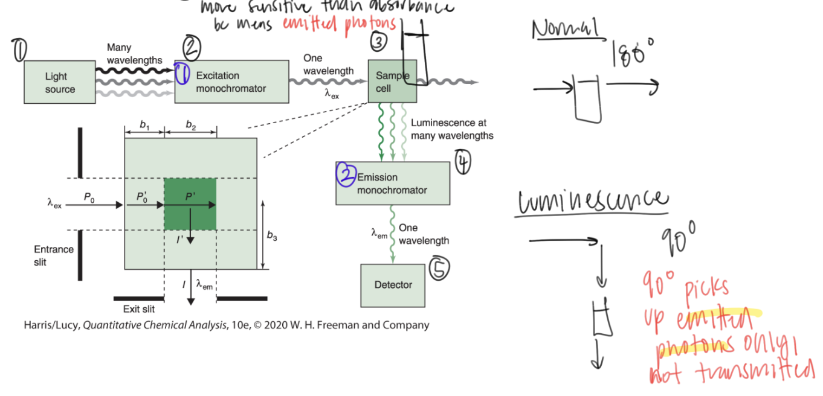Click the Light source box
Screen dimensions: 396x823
[60, 82]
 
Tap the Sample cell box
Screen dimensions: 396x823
[392, 81]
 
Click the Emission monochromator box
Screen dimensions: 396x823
[393, 184]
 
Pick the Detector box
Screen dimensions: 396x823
[393, 285]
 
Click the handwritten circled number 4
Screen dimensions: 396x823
[463, 162]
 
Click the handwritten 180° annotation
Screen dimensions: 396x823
[633, 53]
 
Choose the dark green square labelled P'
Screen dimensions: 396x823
[190, 204]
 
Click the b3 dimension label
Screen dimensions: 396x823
[272, 236]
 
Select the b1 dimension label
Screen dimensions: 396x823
[144, 125]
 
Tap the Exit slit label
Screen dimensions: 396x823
[139, 310]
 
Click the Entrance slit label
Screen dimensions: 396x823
[54, 255]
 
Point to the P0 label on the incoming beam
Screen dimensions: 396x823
[89, 197]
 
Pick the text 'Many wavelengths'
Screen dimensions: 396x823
[134, 53]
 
